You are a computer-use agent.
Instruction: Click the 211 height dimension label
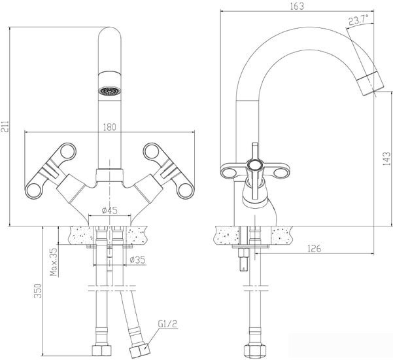[x=7, y=127]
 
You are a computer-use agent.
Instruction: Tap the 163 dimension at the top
[x=299, y=5]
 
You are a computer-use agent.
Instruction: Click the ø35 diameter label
[x=137, y=260]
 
